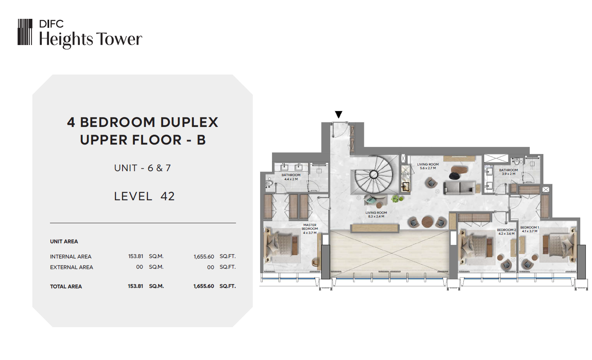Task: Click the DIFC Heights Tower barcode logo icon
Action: click(x=25, y=32)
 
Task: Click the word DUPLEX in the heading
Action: click(x=189, y=122)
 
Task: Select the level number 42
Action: click(x=168, y=196)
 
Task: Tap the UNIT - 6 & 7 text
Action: click(x=143, y=168)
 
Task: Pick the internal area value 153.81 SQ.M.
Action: click(x=146, y=256)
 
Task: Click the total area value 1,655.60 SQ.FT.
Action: click(x=214, y=286)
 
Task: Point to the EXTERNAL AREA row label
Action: click(x=71, y=267)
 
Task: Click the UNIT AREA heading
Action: click(x=64, y=241)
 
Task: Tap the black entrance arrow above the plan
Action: click(x=338, y=114)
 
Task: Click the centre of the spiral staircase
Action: click(x=374, y=174)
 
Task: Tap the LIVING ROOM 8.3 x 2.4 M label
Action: click(x=376, y=215)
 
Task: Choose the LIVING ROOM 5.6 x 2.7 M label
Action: click(x=428, y=166)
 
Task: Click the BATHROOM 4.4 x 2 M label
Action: click(x=291, y=177)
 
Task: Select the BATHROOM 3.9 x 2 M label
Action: click(x=508, y=172)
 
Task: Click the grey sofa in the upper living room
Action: click(x=460, y=187)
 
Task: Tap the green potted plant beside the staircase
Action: click(x=397, y=199)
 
